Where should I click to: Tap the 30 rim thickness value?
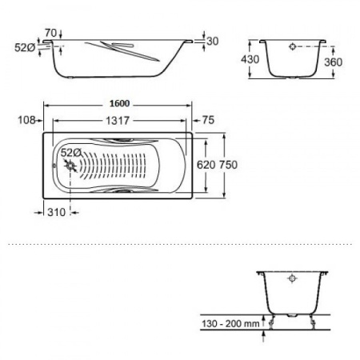(x=213, y=41)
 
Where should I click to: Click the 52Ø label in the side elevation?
(x=26, y=46)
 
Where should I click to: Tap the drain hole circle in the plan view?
(x=73, y=166)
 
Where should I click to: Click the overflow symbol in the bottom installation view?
(x=293, y=280)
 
